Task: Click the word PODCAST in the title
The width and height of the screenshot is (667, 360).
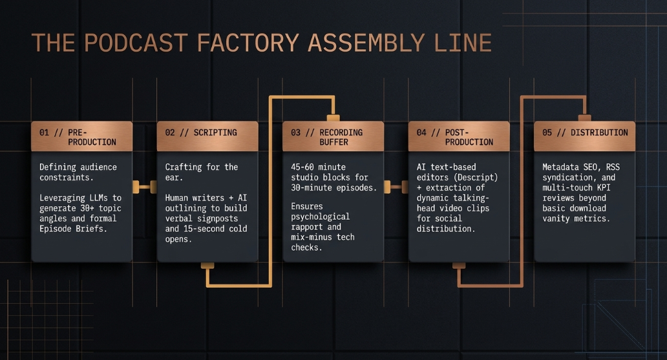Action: [x=136, y=43]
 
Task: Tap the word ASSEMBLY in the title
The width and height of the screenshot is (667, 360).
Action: [x=366, y=43]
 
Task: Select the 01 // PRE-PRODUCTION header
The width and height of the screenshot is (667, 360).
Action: [x=81, y=136]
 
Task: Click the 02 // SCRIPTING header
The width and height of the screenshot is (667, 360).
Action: [x=207, y=136]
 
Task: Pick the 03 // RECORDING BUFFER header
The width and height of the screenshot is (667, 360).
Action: [x=333, y=136]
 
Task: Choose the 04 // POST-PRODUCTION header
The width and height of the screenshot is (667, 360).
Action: [x=459, y=136]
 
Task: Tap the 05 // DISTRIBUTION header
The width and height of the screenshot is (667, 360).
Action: [x=584, y=136]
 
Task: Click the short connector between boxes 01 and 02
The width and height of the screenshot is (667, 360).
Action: [x=145, y=187]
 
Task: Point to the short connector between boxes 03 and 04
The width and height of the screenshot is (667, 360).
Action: [x=396, y=187]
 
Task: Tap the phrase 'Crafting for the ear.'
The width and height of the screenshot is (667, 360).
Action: [x=202, y=172]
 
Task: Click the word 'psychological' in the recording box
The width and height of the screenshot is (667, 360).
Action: [x=321, y=217]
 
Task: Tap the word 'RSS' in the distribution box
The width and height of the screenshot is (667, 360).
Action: [x=613, y=167]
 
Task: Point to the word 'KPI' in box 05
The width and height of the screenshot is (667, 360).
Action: [x=603, y=187]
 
